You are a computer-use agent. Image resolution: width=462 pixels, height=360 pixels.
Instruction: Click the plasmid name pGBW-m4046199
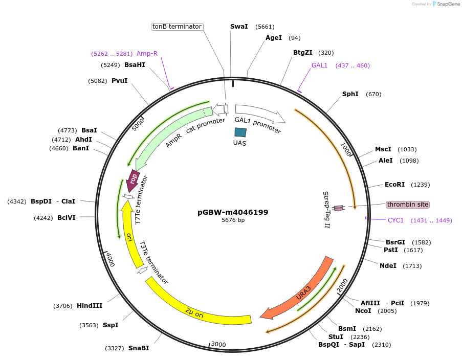pos(233,212)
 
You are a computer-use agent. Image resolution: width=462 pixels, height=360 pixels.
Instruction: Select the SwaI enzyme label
pos(239,27)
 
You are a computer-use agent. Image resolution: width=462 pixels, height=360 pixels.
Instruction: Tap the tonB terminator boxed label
pos(177,27)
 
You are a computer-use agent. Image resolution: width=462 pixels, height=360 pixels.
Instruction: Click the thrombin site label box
pos(407,205)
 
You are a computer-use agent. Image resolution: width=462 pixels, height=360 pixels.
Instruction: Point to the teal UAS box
pos(240,132)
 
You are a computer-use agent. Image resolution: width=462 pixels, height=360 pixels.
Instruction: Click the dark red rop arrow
pos(134,180)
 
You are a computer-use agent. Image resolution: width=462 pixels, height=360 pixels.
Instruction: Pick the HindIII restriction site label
pos(90,306)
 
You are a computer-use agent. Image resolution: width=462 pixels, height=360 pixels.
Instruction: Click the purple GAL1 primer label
pos(319,65)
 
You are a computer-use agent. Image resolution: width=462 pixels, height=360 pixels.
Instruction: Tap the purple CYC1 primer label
pos(395,220)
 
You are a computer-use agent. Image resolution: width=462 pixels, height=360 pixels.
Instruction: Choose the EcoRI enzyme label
pos(394,185)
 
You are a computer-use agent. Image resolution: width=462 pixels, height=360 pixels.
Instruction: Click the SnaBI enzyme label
pos(139,348)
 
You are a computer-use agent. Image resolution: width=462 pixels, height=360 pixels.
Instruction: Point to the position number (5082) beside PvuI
pos(98,81)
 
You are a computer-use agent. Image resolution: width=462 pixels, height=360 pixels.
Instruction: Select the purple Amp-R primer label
pos(147,54)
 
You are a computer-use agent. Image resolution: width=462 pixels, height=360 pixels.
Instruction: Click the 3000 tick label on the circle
pos(218,345)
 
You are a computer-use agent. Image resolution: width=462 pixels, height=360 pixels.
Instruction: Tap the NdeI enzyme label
pos(388,265)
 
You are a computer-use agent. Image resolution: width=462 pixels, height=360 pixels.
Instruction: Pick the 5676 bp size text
pos(233,220)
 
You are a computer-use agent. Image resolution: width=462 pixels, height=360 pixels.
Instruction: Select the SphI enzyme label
pos(350,94)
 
